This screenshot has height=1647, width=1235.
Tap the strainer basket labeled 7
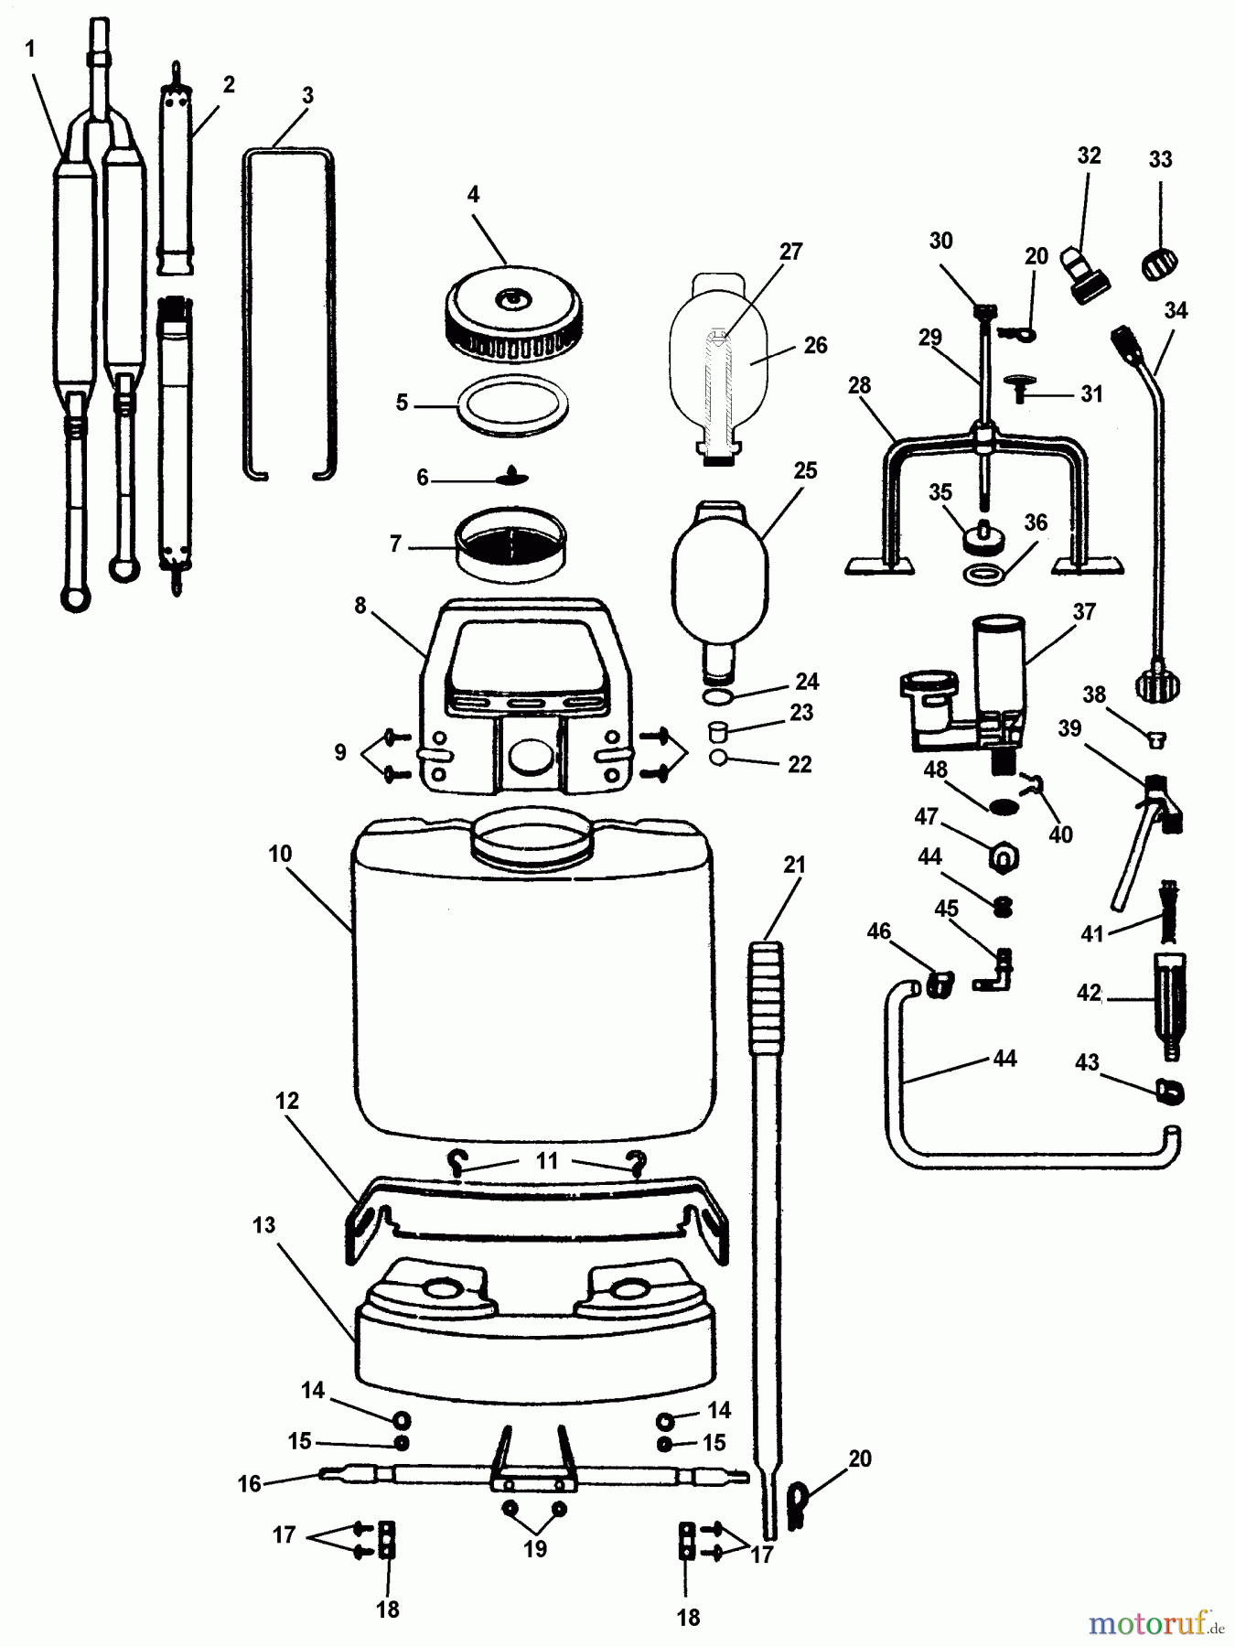pyautogui.click(x=510, y=544)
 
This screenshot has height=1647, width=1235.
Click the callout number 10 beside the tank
pyautogui.click(x=280, y=854)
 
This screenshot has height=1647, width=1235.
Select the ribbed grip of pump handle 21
pyautogui.click(x=768, y=997)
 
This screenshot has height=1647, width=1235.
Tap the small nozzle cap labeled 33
pyautogui.click(x=1159, y=264)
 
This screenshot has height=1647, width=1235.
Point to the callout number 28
pyautogui.click(x=859, y=385)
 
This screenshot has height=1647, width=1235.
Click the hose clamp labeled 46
pyautogui.click(x=938, y=985)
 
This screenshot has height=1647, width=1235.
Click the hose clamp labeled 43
pyautogui.click(x=1170, y=1090)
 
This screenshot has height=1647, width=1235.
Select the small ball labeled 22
pyautogui.click(x=718, y=758)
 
